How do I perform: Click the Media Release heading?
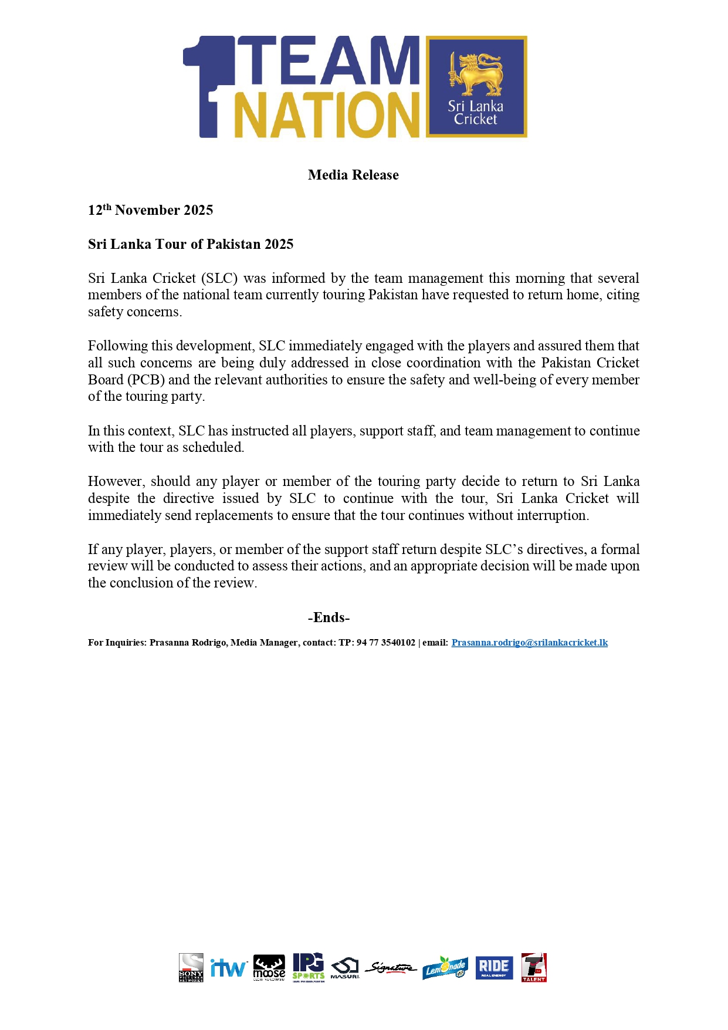click(353, 175)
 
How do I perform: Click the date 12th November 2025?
click(150, 210)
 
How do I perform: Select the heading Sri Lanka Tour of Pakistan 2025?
click(191, 244)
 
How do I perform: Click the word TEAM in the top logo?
click(329, 61)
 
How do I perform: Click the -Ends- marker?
click(329, 617)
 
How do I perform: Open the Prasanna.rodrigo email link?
click(529, 643)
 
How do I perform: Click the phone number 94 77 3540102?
click(385, 643)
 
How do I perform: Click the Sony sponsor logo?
click(191, 967)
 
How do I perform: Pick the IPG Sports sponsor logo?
click(309, 967)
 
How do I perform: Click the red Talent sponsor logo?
click(534, 967)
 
